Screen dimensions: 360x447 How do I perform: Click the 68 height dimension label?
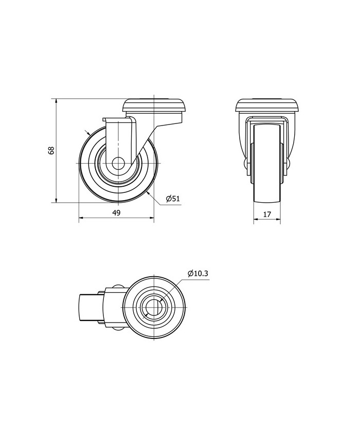pos(51,151)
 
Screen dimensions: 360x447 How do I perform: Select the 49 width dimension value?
pos(117,212)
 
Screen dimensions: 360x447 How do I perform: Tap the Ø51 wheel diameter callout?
pos(173,199)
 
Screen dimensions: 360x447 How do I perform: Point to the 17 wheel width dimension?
pos(267,214)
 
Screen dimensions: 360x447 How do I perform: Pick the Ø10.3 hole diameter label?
pos(198,274)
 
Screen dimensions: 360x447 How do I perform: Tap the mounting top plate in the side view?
pos(154,105)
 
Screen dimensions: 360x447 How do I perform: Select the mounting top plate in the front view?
pos(267,105)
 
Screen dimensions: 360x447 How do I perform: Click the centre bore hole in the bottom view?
pos(154,308)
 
